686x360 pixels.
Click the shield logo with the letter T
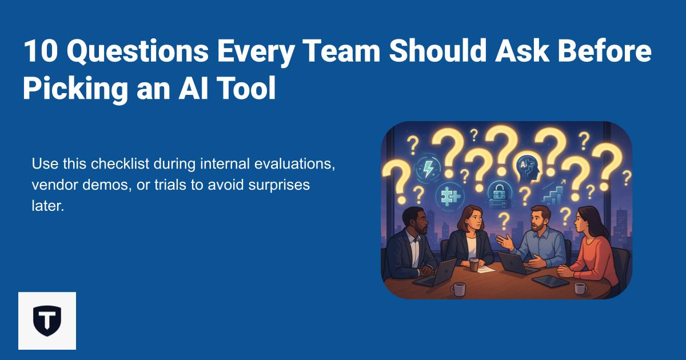[47, 321]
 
